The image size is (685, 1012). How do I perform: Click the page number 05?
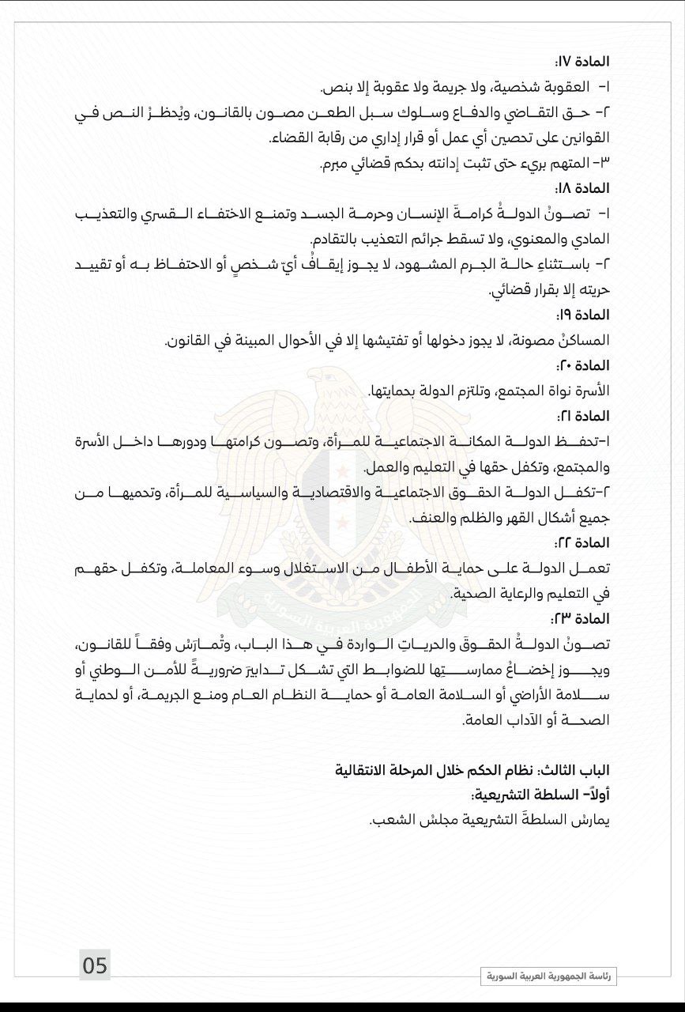coord(95,965)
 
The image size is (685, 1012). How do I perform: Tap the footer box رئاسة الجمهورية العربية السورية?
coord(549,977)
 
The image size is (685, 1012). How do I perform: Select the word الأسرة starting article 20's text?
coord(593,391)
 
